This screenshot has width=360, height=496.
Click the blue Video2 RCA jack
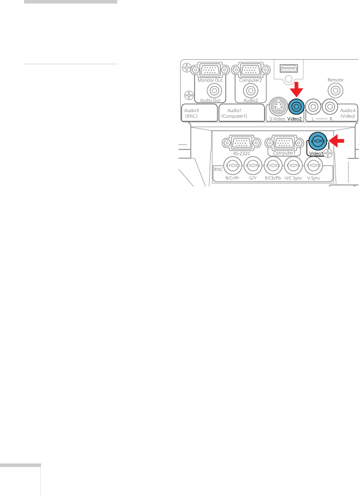pyautogui.click(x=296, y=107)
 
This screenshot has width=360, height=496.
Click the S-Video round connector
pyautogui.click(x=277, y=107)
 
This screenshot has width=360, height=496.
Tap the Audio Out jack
pyautogui.click(x=215, y=91)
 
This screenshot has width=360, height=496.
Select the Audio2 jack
pyautogui.click(x=250, y=91)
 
